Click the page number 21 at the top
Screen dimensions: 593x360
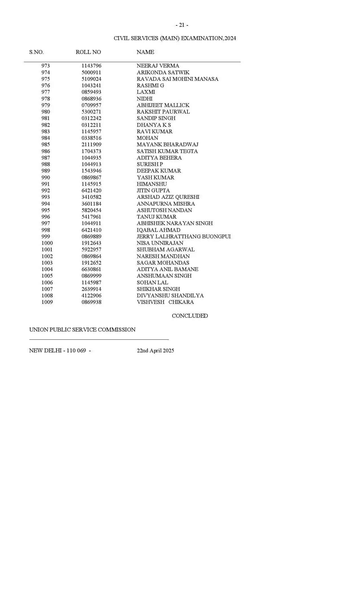click(182, 25)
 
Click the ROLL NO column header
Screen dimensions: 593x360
click(88, 52)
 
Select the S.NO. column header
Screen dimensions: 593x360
click(36, 52)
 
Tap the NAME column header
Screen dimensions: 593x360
click(145, 52)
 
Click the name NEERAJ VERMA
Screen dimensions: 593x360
click(158, 66)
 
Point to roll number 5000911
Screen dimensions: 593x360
click(91, 73)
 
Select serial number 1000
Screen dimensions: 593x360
click(47, 243)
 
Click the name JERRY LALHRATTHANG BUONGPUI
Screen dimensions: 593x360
click(184, 237)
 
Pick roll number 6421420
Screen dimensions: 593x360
click(91, 191)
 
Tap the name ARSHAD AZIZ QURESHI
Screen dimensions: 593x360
click(168, 197)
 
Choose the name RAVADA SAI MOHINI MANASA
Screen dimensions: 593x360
click(177, 79)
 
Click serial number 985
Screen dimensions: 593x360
click(45, 145)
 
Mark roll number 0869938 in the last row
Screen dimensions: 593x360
click(91, 302)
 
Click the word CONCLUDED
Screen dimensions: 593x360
click(190, 316)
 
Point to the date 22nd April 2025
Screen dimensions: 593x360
click(155, 351)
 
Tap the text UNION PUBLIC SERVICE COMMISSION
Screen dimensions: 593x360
click(82, 330)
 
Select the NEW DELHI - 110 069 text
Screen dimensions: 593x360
click(58, 351)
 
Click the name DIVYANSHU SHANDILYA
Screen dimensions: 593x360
click(170, 296)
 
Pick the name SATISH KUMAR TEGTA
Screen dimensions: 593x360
click(167, 151)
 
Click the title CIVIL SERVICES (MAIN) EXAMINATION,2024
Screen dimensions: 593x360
click(175, 38)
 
